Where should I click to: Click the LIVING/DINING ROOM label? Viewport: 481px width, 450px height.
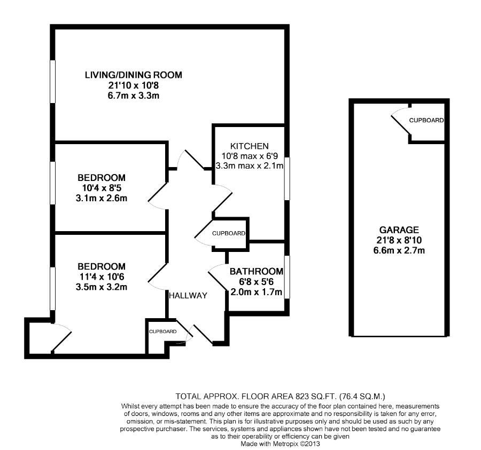[133, 75]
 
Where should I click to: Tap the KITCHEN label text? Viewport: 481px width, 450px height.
[249, 146]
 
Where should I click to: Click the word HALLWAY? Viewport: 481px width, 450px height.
[188, 295]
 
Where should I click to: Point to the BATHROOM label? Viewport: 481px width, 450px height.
[256, 271]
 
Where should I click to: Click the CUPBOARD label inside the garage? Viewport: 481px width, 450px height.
[426, 121]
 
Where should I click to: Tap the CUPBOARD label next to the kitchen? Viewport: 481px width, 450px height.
[229, 233]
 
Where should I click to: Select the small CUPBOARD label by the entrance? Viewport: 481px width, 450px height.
[162, 331]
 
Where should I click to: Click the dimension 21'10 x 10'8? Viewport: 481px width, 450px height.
[133, 85]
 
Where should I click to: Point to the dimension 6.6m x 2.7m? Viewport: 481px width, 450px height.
[396, 250]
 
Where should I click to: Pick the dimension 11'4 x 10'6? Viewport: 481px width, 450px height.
[102, 277]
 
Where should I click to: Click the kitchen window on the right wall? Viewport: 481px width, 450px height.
[286, 179]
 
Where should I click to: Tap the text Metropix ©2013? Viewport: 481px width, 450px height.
[297, 443]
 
